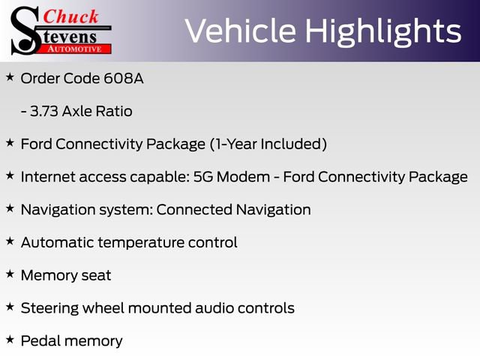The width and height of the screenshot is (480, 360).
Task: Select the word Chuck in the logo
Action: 71,16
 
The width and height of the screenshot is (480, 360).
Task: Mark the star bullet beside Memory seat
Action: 10,274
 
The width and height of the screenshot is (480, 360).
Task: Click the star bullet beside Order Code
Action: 10,77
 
